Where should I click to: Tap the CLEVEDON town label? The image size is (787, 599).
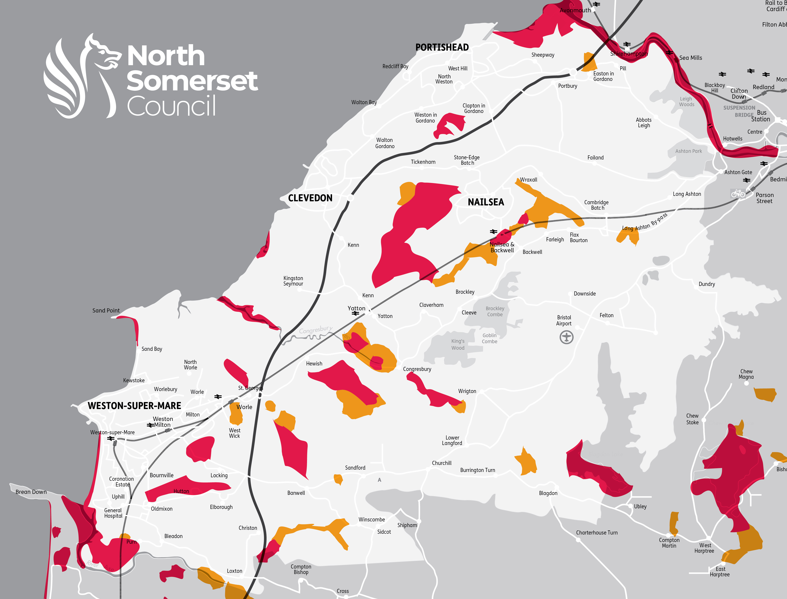point(310,198)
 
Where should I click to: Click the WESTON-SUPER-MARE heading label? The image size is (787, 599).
point(134,406)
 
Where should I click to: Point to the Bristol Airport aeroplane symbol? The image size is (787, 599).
point(566,337)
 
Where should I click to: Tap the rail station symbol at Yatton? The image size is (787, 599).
point(355,313)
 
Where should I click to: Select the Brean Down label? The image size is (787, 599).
point(31,492)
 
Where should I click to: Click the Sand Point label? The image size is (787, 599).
point(106,311)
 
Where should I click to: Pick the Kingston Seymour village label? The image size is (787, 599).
point(293,281)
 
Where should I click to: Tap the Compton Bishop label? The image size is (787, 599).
point(301,569)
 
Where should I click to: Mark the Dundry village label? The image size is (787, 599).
point(707,284)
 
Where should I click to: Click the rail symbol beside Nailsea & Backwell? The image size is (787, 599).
point(493,232)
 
